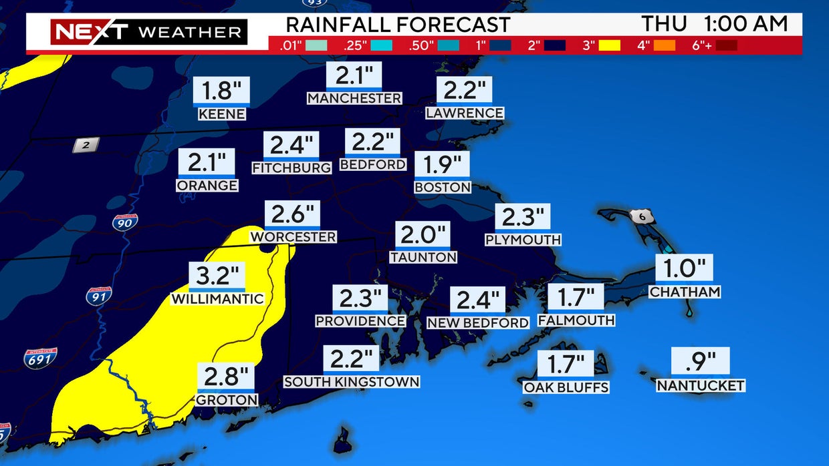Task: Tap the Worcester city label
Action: click(293, 237)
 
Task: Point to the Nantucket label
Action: click(701, 386)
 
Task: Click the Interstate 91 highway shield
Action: click(98, 296)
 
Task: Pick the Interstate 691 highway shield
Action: click(40, 359)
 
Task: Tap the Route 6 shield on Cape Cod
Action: click(642, 216)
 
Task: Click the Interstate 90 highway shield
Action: click(125, 222)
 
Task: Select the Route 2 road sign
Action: click(86, 145)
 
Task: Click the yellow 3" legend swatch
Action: click(610, 46)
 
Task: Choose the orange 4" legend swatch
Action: click(664, 46)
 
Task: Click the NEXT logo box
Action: click(90, 31)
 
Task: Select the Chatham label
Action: click(685, 292)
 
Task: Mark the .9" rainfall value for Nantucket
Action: click(701, 361)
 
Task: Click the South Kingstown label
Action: click(352, 382)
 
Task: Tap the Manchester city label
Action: click(354, 98)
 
